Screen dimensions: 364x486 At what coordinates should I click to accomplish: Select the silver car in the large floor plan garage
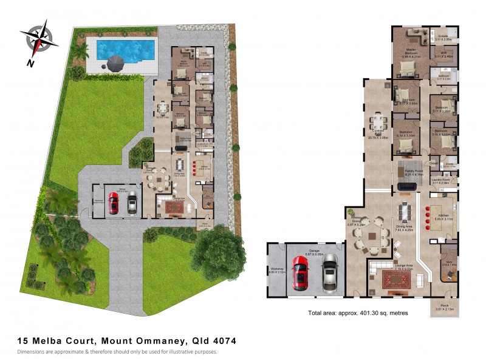pos(329,272)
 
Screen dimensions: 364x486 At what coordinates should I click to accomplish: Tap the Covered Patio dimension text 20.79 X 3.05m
pos(377,138)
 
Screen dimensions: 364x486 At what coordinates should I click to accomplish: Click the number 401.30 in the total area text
pos(365,313)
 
